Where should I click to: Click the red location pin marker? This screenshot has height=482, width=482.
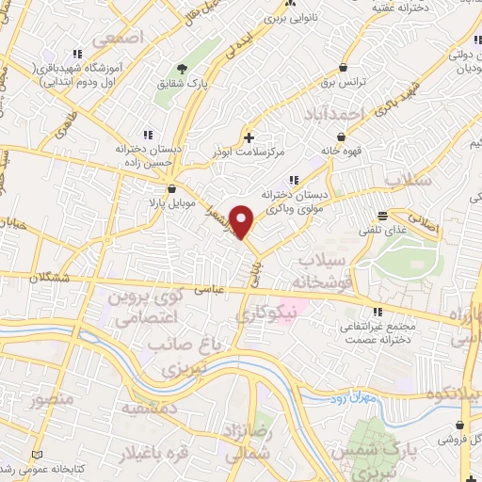(243, 221)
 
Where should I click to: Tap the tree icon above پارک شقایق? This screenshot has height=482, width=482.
(183, 68)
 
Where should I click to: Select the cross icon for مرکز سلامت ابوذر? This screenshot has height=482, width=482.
(249, 137)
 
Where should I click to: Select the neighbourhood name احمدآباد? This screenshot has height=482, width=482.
(333, 113)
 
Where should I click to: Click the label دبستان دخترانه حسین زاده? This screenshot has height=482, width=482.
(146, 155)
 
